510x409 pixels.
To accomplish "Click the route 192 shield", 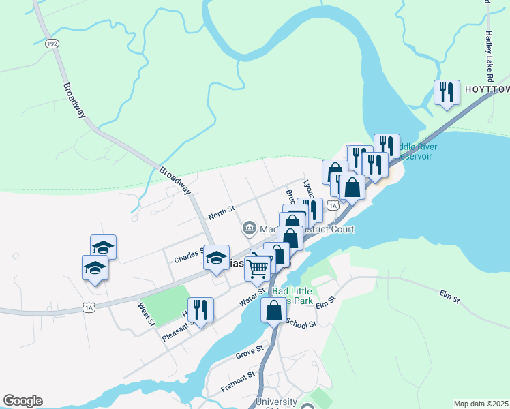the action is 51,43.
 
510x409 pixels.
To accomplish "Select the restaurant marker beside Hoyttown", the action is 447,93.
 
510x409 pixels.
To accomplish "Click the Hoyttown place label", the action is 486,89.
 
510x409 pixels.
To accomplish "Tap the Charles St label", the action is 188,257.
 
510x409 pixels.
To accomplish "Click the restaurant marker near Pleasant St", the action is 200,309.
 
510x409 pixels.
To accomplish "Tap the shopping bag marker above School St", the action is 273,310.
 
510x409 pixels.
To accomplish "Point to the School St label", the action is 301,324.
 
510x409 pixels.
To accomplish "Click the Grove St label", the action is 250,352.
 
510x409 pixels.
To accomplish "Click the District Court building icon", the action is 249,227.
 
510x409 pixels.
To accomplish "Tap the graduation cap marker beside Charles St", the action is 217,257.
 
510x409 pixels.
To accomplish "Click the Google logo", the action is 22,401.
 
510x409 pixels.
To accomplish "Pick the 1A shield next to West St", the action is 89,308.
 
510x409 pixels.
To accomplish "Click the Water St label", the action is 252,297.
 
